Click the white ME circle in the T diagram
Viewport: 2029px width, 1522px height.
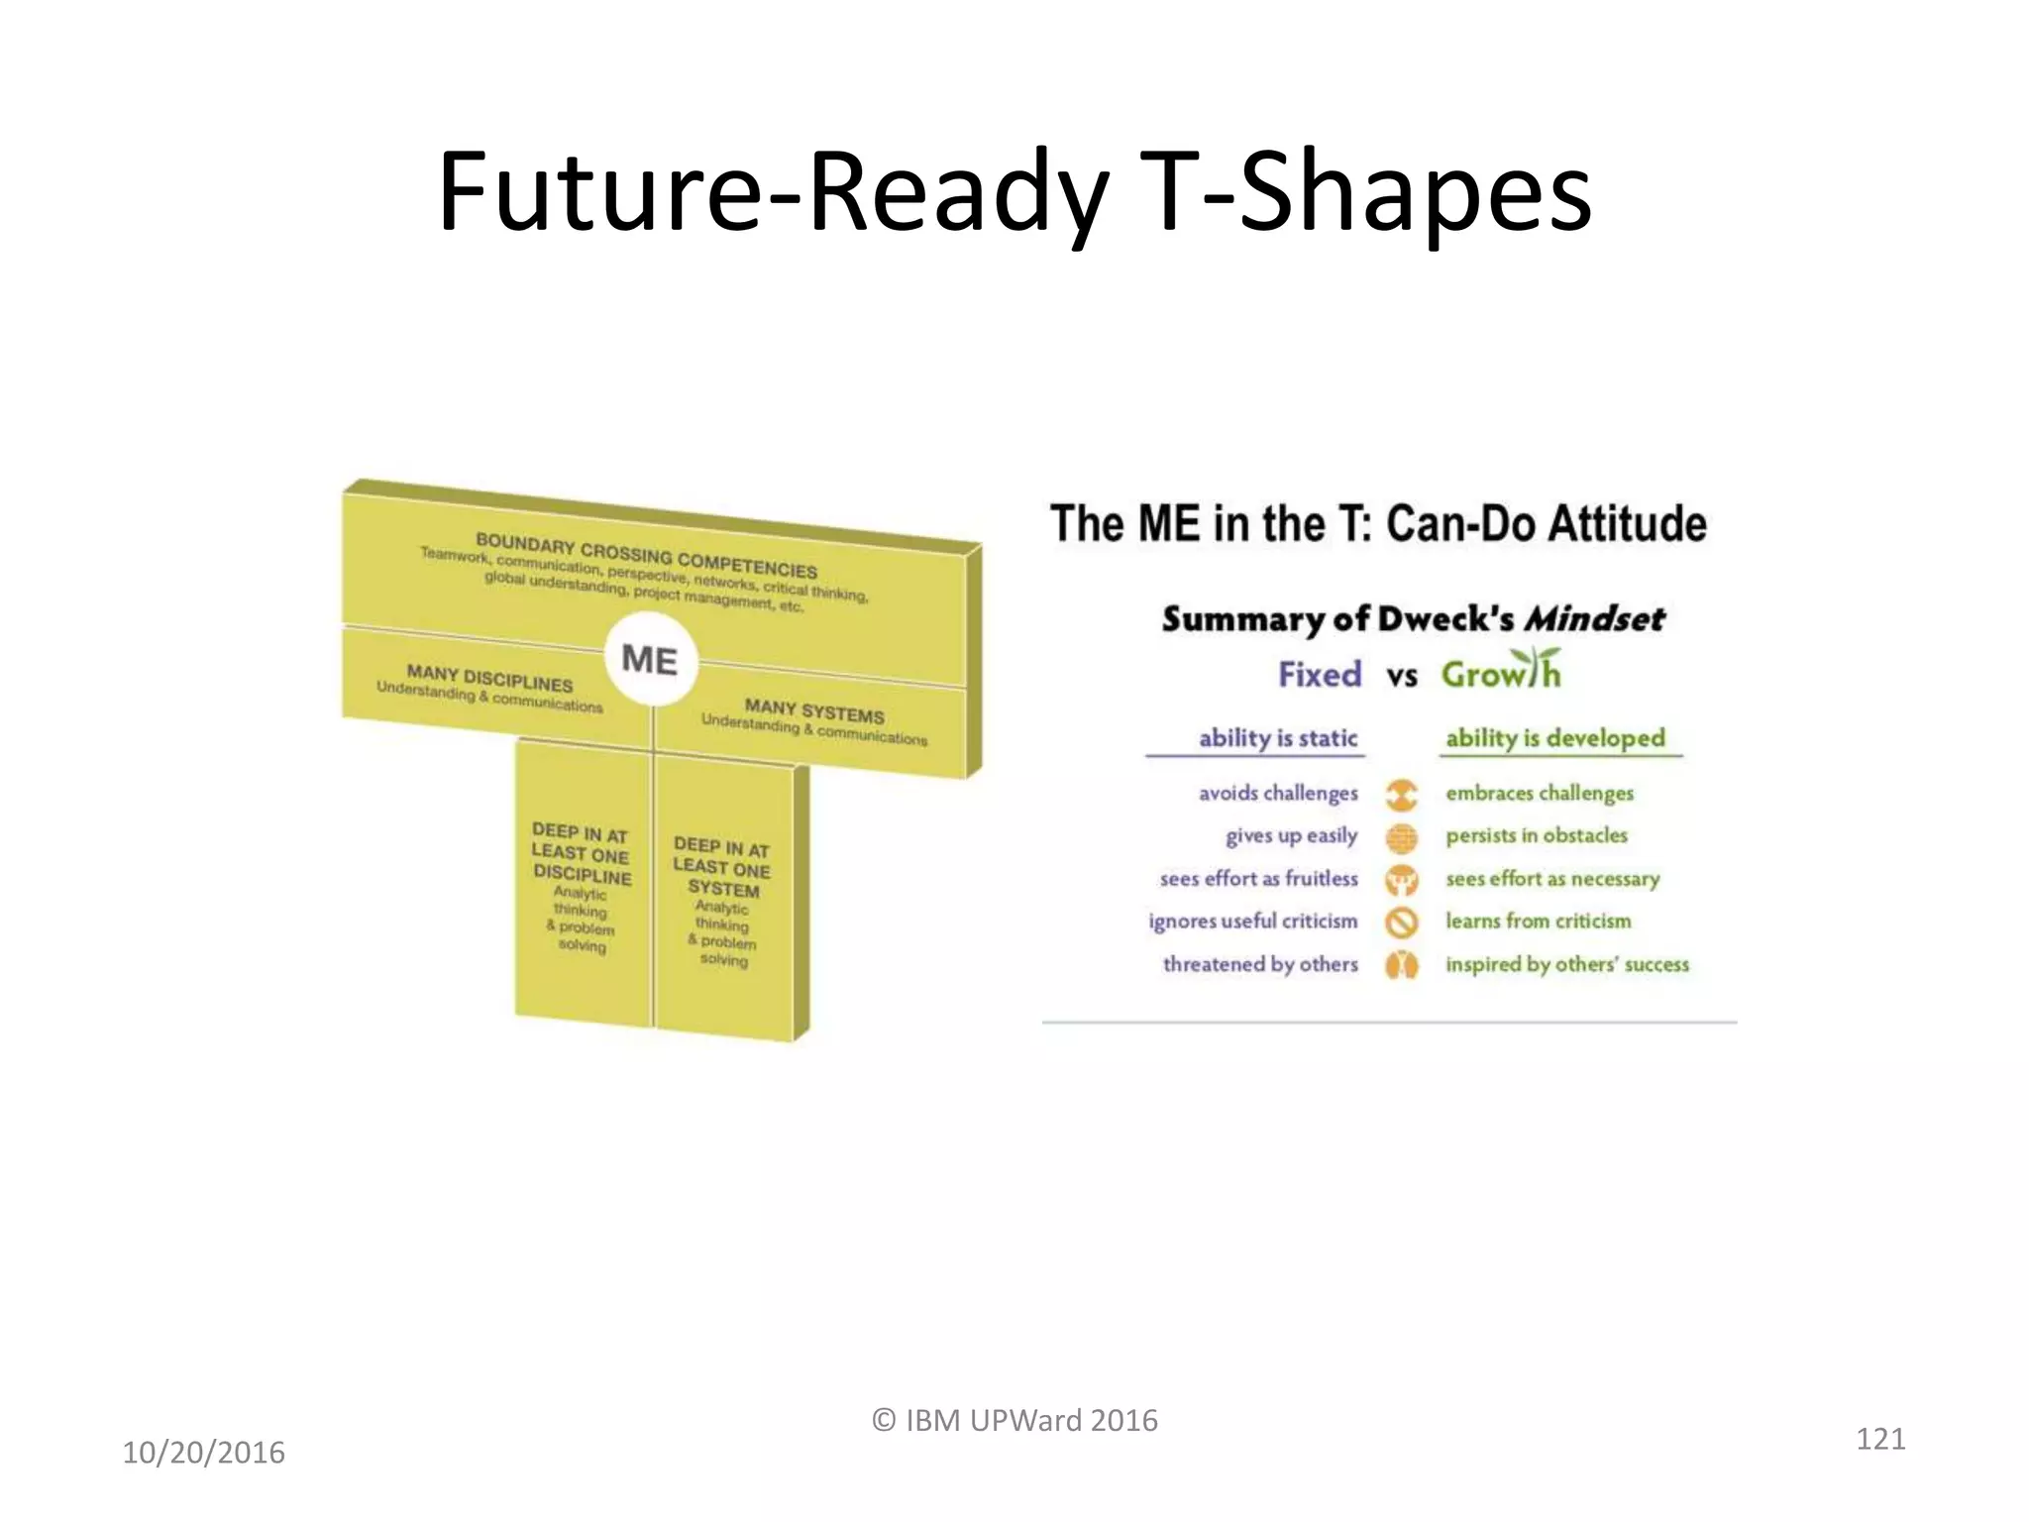(x=650, y=660)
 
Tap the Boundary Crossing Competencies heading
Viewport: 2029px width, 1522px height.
(x=646, y=556)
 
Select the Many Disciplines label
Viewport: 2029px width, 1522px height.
(x=489, y=679)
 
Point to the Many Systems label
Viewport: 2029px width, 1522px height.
(x=814, y=710)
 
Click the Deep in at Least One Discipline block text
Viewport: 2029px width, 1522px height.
(x=582, y=854)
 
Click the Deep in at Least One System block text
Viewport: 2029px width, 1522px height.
(x=722, y=867)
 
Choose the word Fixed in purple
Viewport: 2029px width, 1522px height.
(x=1320, y=675)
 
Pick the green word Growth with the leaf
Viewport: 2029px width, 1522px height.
(x=1501, y=673)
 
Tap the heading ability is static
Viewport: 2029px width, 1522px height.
(x=1277, y=738)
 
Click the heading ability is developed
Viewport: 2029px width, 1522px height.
(x=1555, y=738)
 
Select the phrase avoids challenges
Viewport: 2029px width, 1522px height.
(x=1278, y=793)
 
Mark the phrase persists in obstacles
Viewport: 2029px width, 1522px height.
(x=1536, y=835)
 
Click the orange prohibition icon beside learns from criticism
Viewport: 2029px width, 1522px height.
(x=1402, y=923)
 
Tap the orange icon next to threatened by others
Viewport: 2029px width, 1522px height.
(x=1402, y=965)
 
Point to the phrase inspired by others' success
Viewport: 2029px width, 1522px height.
(x=1566, y=964)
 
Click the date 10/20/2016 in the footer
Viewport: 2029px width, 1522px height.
(x=203, y=1453)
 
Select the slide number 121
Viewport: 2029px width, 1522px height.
(x=1879, y=1438)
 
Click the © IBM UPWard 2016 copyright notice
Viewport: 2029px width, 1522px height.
(x=1014, y=1420)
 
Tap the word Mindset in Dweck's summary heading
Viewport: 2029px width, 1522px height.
(x=1594, y=619)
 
